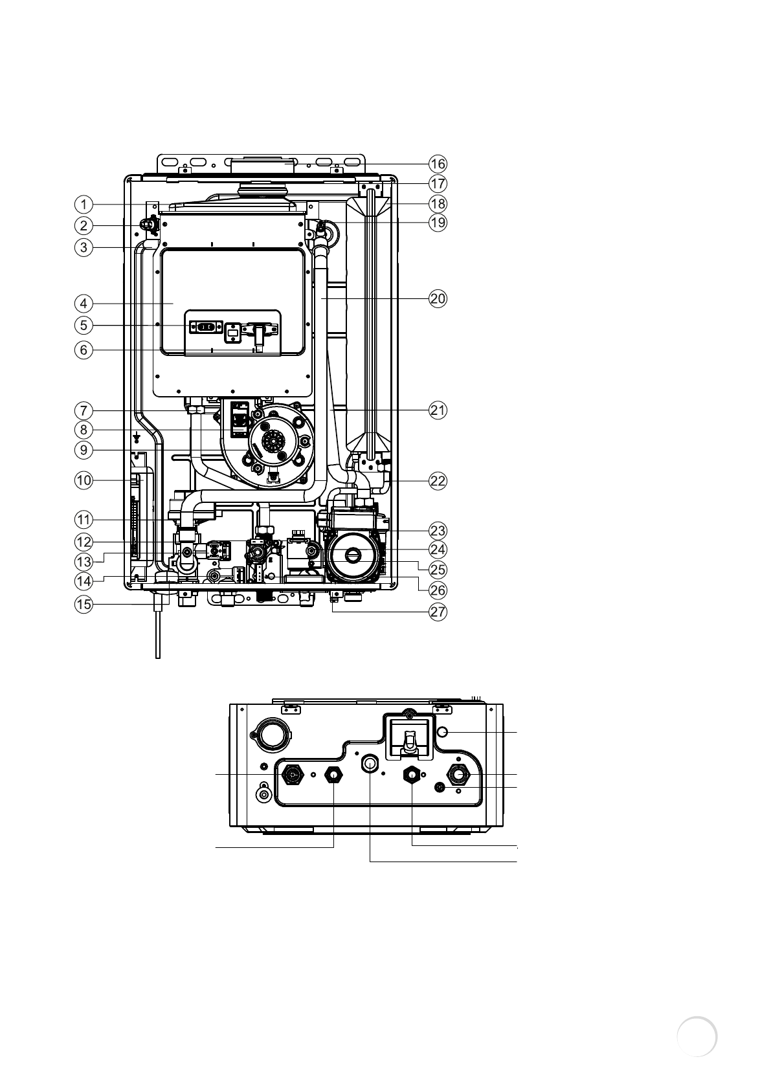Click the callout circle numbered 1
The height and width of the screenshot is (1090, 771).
coord(83,205)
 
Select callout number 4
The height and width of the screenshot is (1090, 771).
coord(83,303)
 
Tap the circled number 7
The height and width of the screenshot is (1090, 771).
coord(83,410)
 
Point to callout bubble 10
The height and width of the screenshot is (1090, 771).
coord(83,480)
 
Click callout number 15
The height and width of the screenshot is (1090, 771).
coord(83,605)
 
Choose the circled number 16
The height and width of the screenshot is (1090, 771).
coord(438,163)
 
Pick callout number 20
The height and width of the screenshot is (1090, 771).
coord(438,299)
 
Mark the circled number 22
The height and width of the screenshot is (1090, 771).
coord(438,482)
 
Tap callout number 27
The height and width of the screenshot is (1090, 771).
coord(438,612)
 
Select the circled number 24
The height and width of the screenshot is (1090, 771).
coord(438,550)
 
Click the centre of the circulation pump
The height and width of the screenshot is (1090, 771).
coord(353,554)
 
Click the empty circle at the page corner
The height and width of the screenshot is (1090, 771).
coord(697,1036)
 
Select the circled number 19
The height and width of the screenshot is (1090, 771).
coord(438,223)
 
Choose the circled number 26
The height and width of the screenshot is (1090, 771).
coord(438,590)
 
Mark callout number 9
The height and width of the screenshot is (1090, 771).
coord(83,449)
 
